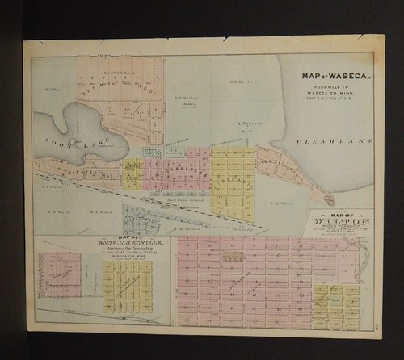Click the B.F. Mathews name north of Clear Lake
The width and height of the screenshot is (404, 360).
click(x=243, y=80)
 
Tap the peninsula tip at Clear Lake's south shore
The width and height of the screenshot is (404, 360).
click(x=329, y=197)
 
